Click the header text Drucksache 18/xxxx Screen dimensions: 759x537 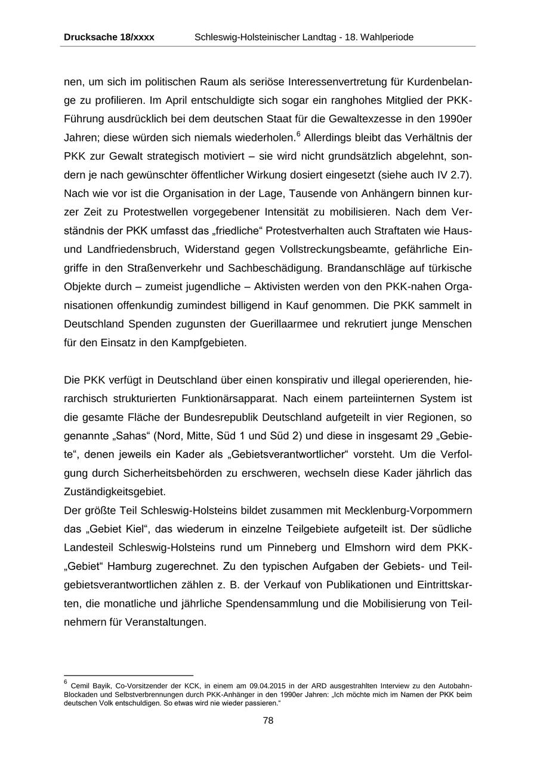tap(109, 37)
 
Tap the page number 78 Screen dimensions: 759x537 tap(268, 720)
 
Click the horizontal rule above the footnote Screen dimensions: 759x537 tap(128, 676)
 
